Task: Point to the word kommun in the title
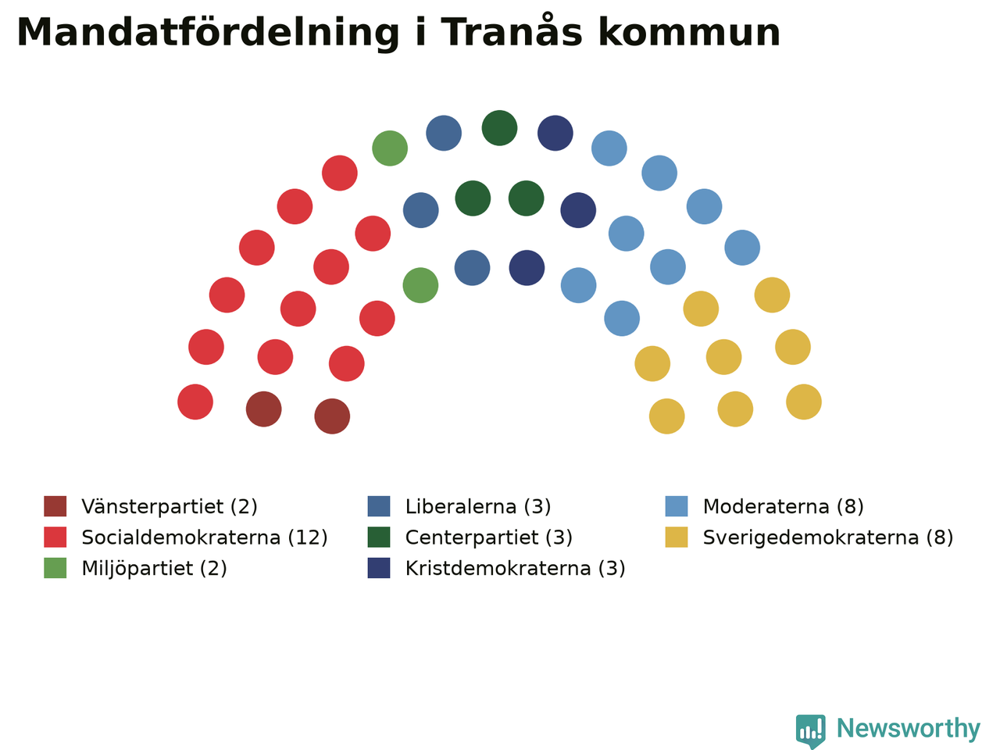coord(689,32)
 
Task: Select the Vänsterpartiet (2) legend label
coord(170,506)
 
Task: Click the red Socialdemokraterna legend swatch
coord(55,537)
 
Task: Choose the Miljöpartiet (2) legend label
coord(154,568)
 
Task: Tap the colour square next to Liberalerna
coord(379,506)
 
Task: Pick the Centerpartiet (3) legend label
coord(489,537)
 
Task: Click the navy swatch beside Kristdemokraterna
coord(379,568)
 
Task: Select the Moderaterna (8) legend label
coord(783,506)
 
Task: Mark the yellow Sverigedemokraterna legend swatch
coord(677,537)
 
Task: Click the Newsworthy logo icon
coord(811,731)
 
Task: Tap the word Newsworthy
coord(909,729)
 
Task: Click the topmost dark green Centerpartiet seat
coord(500,128)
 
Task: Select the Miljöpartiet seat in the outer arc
coord(390,148)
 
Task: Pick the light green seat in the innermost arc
coord(420,285)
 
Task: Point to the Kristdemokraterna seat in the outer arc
coord(555,133)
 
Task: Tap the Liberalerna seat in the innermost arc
coord(473,268)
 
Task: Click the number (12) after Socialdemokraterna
coord(308,537)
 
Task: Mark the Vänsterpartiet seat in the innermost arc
coord(332,416)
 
